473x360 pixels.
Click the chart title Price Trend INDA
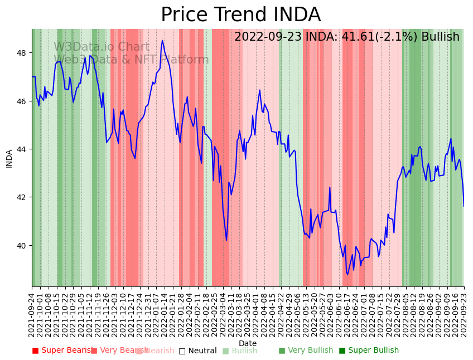tap(240, 15)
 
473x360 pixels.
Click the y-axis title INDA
tap(9, 158)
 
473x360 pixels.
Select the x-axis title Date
tap(248, 343)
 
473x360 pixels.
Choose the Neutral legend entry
tap(197, 351)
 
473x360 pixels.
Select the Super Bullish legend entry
tap(369, 351)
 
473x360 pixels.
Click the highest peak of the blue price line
tap(162, 40)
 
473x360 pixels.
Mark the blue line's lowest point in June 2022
tap(347, 274)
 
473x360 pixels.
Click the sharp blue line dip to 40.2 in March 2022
tap(226, 241)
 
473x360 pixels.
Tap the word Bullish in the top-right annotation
tap(440, 37)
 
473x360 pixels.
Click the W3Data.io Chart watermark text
tap(102, 47)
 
